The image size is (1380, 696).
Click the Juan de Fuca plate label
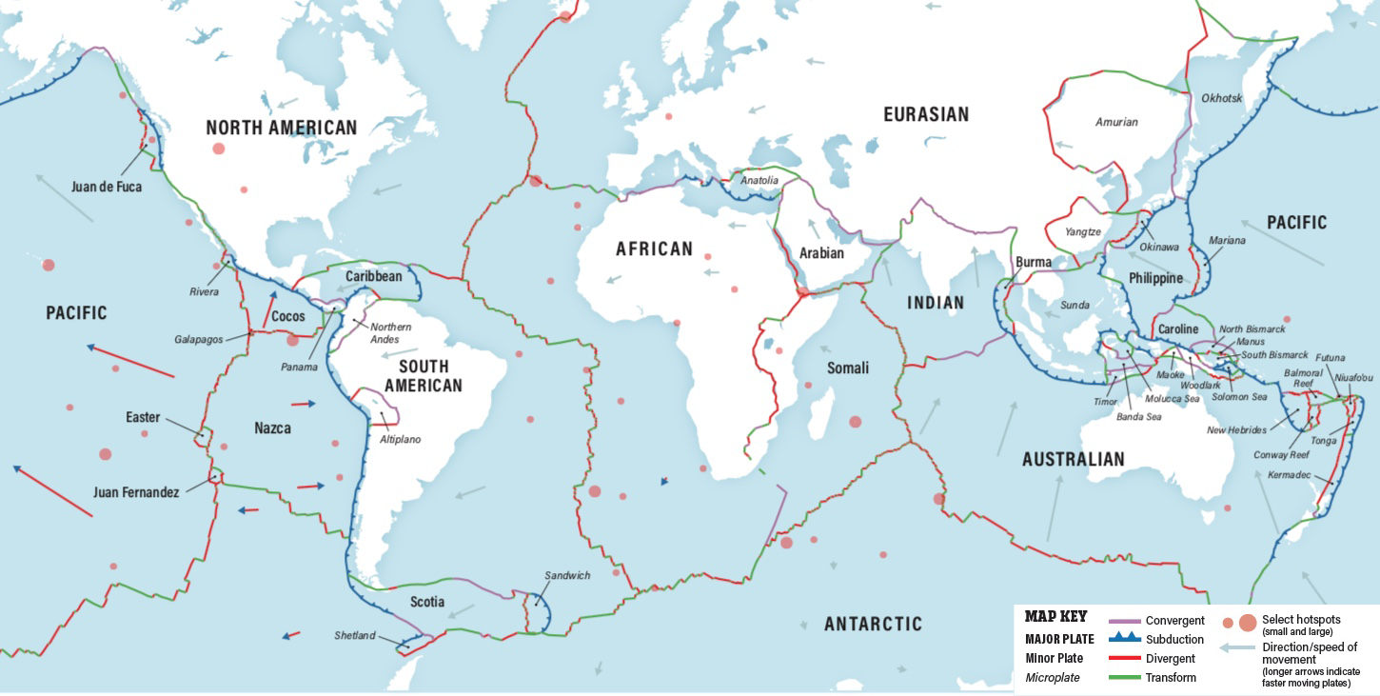point(106,187)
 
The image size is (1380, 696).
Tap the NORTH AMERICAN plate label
point(282,128)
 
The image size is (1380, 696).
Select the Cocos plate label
point(288,316)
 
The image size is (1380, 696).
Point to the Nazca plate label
point(272,428)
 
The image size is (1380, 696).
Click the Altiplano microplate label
point(400,439)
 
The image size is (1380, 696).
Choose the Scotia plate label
point(427,602)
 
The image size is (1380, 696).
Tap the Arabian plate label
point(821,253)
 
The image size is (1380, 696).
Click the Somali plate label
point(847,368)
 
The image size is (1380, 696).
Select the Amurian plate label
point(1116,122)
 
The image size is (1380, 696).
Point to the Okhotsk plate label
point(1221,98)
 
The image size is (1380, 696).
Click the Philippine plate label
point(1155,278)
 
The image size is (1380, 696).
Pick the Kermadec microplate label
point(1289,474)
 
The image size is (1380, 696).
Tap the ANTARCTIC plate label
point(873,624)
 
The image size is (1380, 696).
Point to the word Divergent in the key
point(1171,659)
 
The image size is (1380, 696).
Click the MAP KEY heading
point(1055,617)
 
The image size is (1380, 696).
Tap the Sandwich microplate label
point(567,575)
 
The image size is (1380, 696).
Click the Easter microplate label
point(143,417)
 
